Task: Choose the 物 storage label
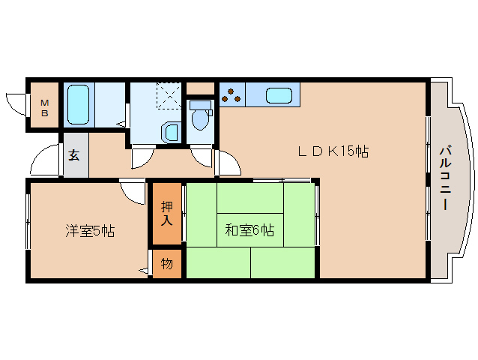tap(166, 264)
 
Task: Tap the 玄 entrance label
tap(75, 156)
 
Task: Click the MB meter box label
tap(44, 107)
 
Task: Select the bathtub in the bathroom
tap(78, 105)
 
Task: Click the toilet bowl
tap(199, 118)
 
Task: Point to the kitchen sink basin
tap(278, 95)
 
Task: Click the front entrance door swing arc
tap(45, 160)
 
